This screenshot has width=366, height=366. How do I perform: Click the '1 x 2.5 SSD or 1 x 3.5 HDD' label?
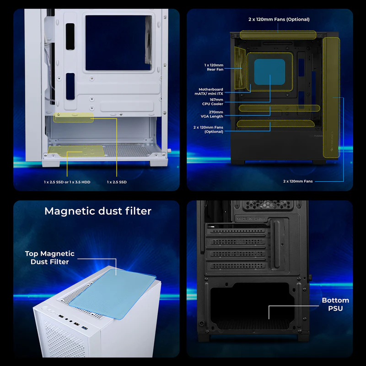[x=67, y=182]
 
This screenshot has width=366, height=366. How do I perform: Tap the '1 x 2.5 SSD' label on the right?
[x=117, y=182]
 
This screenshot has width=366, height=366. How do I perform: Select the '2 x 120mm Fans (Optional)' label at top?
[x=279, y=19]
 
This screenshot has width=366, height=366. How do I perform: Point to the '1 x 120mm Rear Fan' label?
[x=214, y=67]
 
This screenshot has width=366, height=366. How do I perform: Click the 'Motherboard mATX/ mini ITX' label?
[x=209, y=91]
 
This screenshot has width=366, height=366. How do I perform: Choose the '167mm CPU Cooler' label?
[x=213, y=102]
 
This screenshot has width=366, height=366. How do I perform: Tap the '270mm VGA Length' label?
[x=212, y=114]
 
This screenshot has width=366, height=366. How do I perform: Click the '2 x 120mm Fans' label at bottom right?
[x=298, y=181]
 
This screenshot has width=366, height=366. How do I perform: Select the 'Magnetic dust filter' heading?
[x=98, y=211]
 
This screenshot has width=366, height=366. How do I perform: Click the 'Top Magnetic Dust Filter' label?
[x=50, y=258]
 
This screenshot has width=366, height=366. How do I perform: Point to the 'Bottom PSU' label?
[x=335, y=304]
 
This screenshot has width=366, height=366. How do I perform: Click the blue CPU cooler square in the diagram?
[x=269, y=72]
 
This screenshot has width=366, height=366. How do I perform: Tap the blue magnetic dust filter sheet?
[x=113, y=294]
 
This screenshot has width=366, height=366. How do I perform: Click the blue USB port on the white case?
[x=85, y=328]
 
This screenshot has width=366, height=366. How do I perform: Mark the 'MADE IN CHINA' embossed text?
[x=251, y=219]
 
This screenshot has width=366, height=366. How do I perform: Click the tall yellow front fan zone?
[x=331, y=97]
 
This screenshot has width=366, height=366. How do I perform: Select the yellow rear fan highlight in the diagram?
[x=240, y=68]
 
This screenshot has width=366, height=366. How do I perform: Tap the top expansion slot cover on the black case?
[x=236, y=231]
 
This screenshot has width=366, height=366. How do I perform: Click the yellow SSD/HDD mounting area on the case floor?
[x=76, y=151]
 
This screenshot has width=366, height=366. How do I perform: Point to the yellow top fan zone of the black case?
[x=278, y=35]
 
